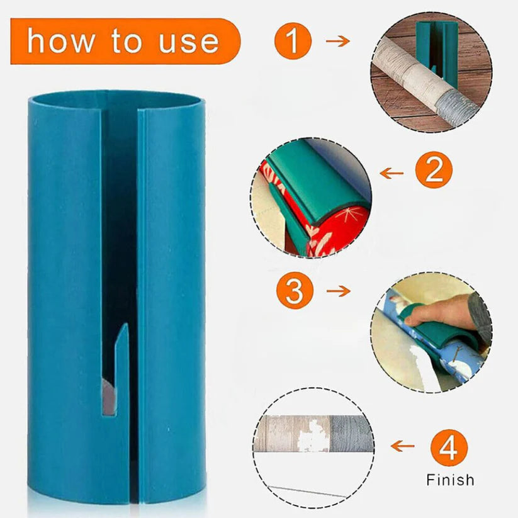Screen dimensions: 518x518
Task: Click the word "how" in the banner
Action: click(x=60, y=41)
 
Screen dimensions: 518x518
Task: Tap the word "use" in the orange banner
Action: click(x=189, y=42)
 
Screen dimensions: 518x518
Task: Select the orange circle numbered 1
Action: click(x=293, y=41)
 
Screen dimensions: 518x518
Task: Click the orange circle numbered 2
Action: click(x=434, y=170)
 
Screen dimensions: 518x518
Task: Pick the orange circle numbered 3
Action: click(x=295, y=290)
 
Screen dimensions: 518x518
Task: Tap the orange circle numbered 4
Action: click(x=449, y=448)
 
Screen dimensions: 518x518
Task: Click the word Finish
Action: click(x=450, y=480)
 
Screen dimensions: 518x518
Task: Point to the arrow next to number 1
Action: click(x=337, y=41)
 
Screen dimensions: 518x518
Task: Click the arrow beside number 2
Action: click(x=391, y=173)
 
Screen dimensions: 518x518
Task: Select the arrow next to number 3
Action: click(x=338, y=291)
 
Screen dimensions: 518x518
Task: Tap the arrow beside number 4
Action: click(x=402, y=446)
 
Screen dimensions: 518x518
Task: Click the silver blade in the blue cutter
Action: click(x=108, y=397)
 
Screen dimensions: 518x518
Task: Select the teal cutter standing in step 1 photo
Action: click(x=436, y=50)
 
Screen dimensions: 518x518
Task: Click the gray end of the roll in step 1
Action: click(x=455, y=107)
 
